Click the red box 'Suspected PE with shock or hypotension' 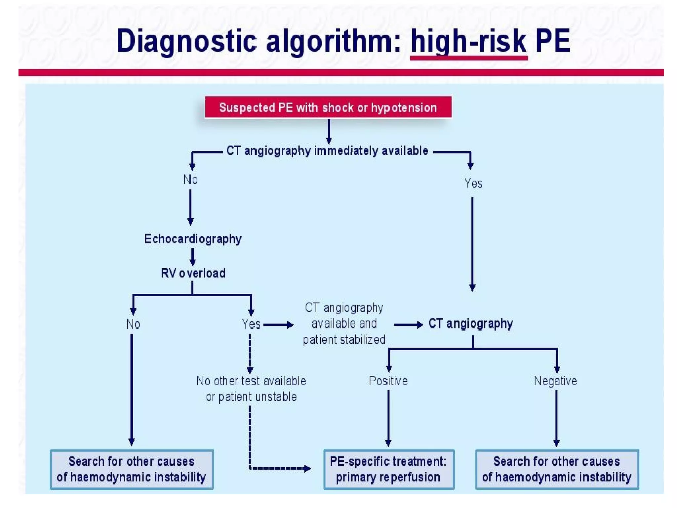click(328, 107)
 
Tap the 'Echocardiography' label click(193, 239)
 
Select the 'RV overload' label click(193, 273)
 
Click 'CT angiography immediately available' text click(327, 151)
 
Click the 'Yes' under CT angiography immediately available click(473, 183)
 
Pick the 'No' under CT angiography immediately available click(190, 180)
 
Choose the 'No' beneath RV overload click(133, 324)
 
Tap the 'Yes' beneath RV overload click(251, 324)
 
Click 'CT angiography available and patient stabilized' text click(344, 323)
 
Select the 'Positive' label click(388, 381)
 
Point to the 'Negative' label click(555, 381)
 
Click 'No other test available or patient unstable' click(251, 389)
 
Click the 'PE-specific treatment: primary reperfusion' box click(389, 469)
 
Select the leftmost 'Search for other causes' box click(132, 469)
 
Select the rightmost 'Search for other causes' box click(557, 469)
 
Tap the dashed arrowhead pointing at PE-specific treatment click(307, 468)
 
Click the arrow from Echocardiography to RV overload click(193, 257)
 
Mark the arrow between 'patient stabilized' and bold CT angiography click(408, 325)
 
